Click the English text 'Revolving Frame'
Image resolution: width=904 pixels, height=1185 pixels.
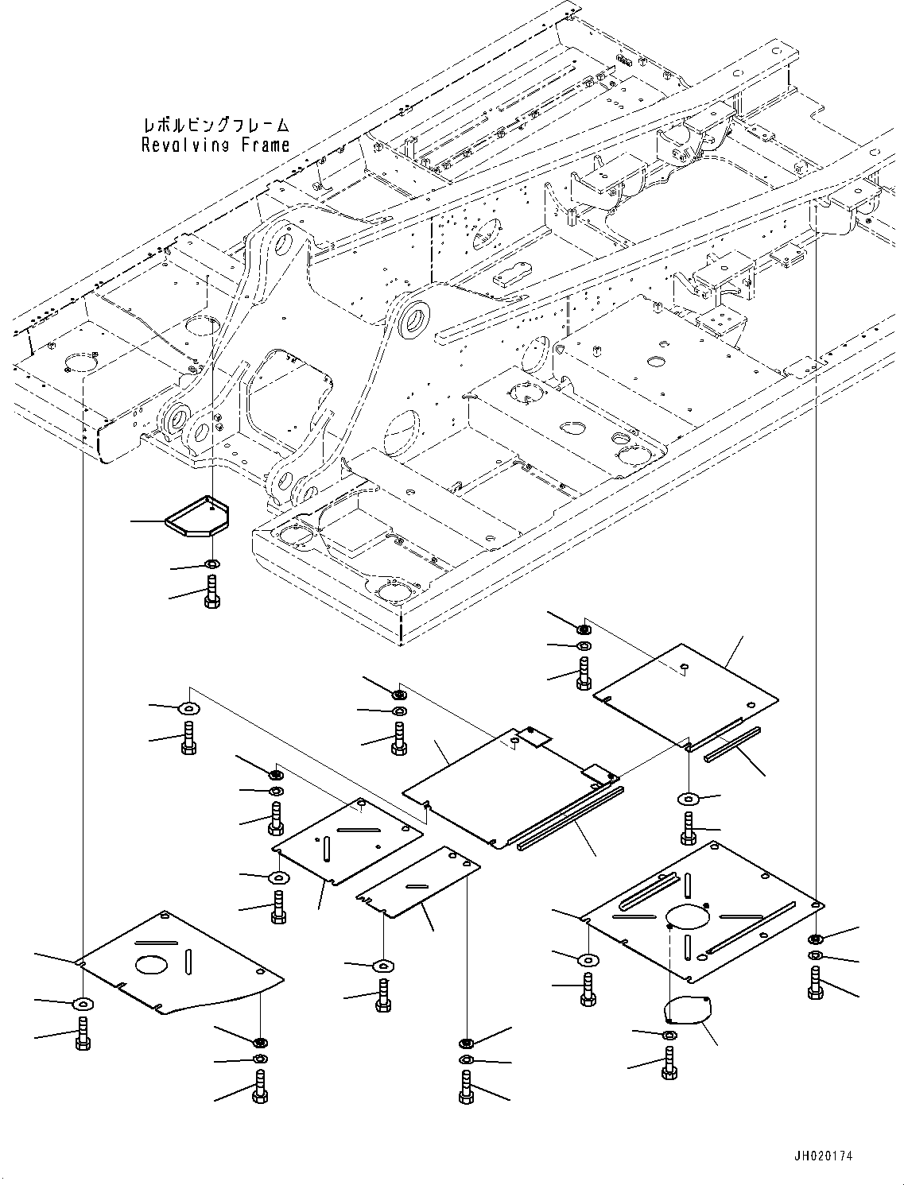coord(215,145)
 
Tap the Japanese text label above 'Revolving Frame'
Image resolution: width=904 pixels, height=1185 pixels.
coord(215,126)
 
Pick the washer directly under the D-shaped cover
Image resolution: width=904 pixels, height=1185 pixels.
coord(211,564)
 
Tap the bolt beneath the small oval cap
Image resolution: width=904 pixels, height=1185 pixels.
coord(668,1061)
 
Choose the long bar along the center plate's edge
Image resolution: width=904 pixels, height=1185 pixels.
coord(570,818)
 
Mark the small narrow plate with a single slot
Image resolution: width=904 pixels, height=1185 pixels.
coord(417,881)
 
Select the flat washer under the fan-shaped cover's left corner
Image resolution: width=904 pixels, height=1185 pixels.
coord(83,1002)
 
